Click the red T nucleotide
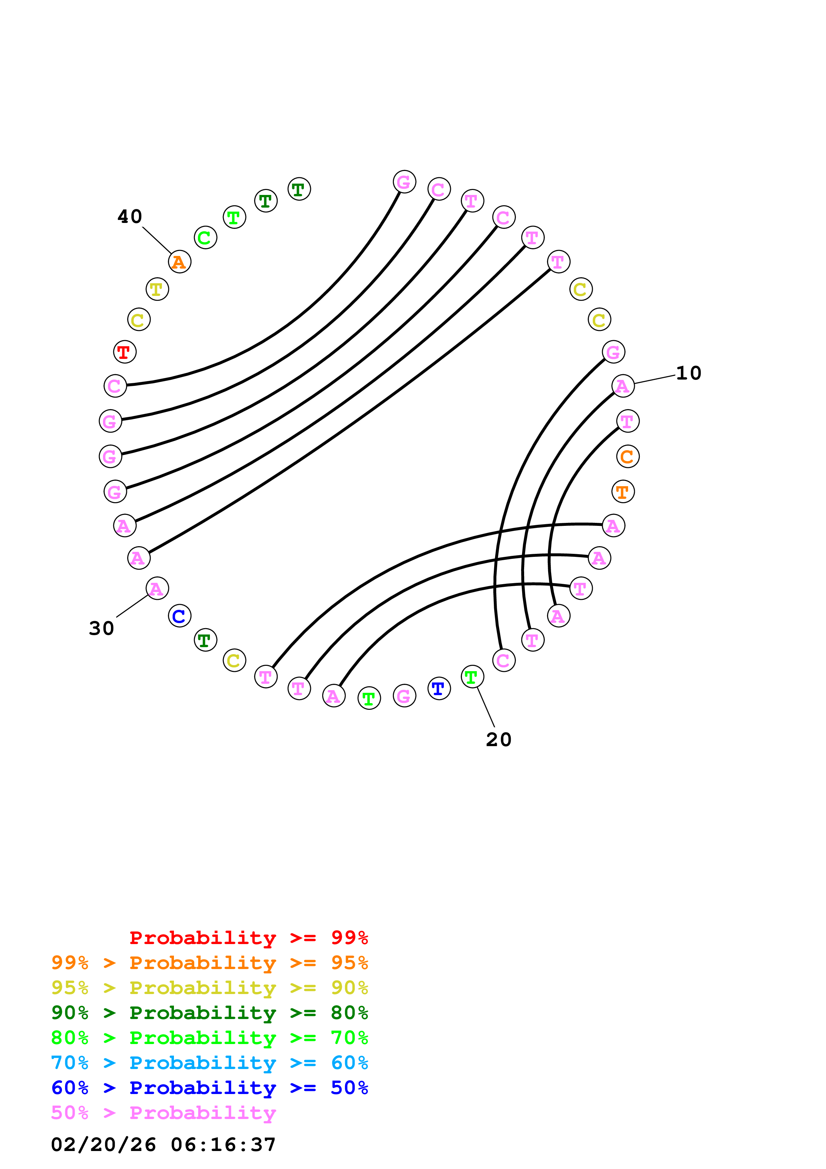point(124,352)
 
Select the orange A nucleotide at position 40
point(179,262)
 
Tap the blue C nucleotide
point(179,616)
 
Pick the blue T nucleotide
point(439,689)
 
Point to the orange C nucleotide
point(627,457)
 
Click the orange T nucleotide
point(622,492)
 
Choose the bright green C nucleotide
point(205,238)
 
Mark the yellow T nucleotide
point(157,289)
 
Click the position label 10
point(689,373)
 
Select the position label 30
point(101,628)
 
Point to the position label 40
point(130,216)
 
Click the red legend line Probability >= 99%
point(248,938)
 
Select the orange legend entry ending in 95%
point(210,963)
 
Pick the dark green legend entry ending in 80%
point(210,1013)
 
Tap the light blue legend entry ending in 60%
point(210,1063)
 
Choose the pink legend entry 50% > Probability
point(163,1112)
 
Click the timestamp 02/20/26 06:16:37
point(163,1144)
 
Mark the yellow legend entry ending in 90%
point(210,988)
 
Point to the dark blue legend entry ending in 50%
point(210,1088)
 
